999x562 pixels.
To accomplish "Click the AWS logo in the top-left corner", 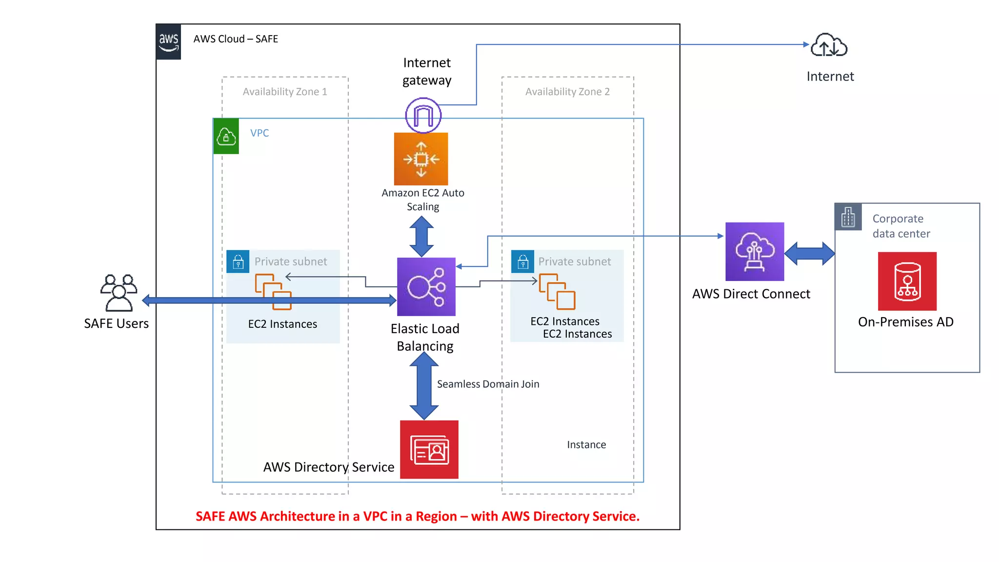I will tap(168, 41).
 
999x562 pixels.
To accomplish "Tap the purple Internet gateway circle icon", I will tap(423, 115).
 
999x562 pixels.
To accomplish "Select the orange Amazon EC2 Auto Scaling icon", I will tap(421, 159).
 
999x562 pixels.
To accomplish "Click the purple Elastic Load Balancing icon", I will tap(426, 287).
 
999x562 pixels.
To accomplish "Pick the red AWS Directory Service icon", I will tap(429, 449).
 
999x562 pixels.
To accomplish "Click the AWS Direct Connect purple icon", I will tap(755, 252).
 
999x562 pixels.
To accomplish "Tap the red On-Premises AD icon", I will tap(907, 281).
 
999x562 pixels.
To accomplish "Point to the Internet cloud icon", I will tap(829, 46).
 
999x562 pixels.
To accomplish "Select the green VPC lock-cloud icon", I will tap(226, 136).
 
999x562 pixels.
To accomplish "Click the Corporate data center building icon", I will tap(848, 217).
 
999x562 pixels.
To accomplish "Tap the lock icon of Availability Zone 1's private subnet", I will tap(238, 262).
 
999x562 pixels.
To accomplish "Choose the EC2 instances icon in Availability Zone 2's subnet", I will tap(557, 292).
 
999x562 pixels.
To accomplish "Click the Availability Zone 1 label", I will tap(285, 92).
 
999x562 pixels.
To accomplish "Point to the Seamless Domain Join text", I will tap(488, 384).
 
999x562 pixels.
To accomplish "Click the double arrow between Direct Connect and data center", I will tap(810, 254).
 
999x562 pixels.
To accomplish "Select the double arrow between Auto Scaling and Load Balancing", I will tap(421, 237).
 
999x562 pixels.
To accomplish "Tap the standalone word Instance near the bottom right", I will tap(586, 444).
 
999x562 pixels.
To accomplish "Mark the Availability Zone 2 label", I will tap(567, 92).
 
